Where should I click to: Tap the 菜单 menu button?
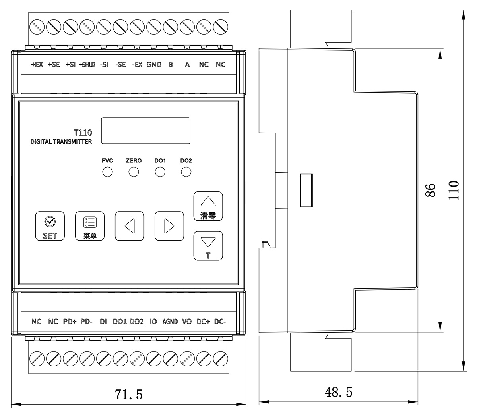click(x=89, y=226)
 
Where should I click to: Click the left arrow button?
click(x=129, y=226)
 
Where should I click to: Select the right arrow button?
click(x=169, y=226)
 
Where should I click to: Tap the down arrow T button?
click(x=208, y=246)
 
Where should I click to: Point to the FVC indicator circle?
click(x=107, y=172)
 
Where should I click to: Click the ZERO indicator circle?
click(x=134, y=172)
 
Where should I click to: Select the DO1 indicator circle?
click(x=160, y=172)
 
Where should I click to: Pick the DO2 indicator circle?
click(x=186, y=172)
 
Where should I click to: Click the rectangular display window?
click(x=145, y=131)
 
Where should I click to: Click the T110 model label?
click(x=83, y=133)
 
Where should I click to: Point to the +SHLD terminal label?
click(x=87, y=65)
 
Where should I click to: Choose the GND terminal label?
click(x=154, y=65)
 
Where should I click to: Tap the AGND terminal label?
click(x=170, y=322)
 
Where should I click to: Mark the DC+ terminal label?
click(x=203, y=322)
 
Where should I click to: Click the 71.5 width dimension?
click(x=128, y=395)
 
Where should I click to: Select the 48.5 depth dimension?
click(x=338, y=393)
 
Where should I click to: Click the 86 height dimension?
click(x=430, y=190)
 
